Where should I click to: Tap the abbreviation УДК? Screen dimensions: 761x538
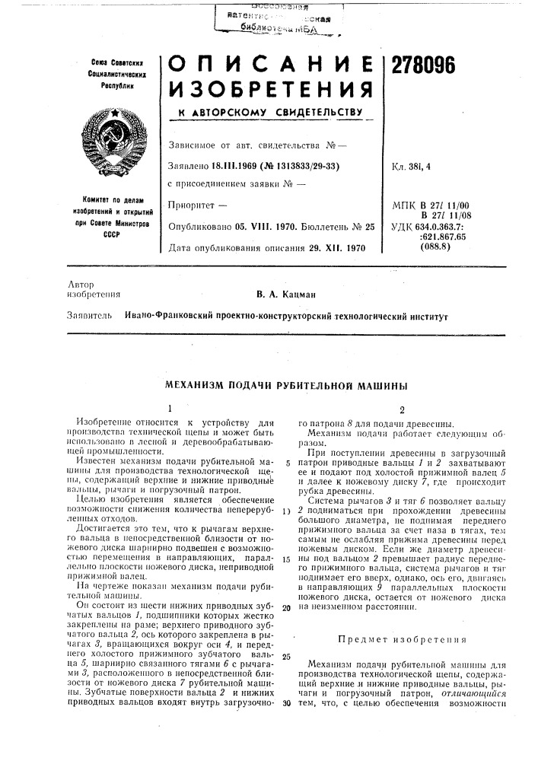point(404,226)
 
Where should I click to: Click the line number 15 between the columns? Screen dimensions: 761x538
point(286,581)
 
